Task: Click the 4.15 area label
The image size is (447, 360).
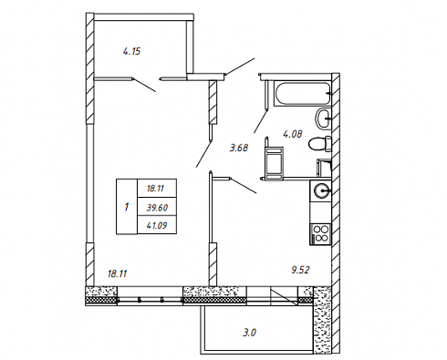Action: coord(131,51)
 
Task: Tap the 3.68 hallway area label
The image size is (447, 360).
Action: coord(239,148)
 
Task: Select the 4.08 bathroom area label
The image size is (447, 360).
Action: coord(293,134)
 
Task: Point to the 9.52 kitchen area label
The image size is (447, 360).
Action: coord(300,270)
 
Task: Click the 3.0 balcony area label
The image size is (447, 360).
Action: coord(249,333)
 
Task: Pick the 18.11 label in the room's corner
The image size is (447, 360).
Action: coord(117,273)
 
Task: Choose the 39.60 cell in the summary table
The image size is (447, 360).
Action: coord(157,208)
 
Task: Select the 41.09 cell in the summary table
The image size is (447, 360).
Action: coord(157,225)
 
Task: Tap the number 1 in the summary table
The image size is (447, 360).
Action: coord(127,207)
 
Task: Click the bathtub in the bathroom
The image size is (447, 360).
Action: coord(302,93)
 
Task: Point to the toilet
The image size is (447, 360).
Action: coord(319,143)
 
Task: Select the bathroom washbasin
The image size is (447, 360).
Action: coord(324,118)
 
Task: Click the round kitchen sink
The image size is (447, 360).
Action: coord(322,191)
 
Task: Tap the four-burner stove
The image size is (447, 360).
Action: coord(320,234)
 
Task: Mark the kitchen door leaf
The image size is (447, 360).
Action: coord(244,186)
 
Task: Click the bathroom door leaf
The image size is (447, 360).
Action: coord(261,121)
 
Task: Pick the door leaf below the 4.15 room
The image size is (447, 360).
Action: coord(144,85)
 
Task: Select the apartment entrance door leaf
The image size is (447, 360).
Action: coord(240,66)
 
